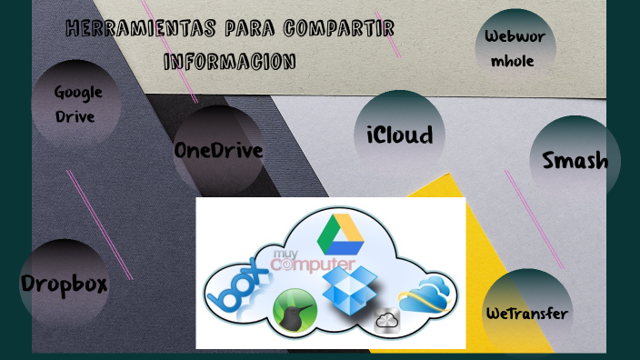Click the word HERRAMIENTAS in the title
123,29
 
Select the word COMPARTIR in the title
338,29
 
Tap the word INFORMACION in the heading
229,62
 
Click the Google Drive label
77,104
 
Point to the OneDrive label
218,151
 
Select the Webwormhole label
515,49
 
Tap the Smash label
575,161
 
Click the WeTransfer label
526,315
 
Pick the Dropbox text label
64,284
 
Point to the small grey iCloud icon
387,320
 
